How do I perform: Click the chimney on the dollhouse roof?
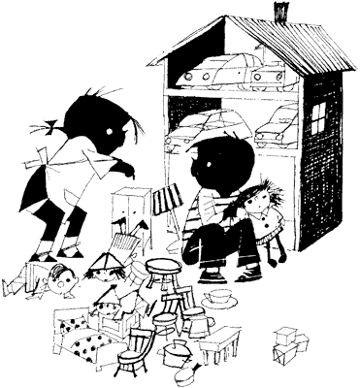(280, 13)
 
